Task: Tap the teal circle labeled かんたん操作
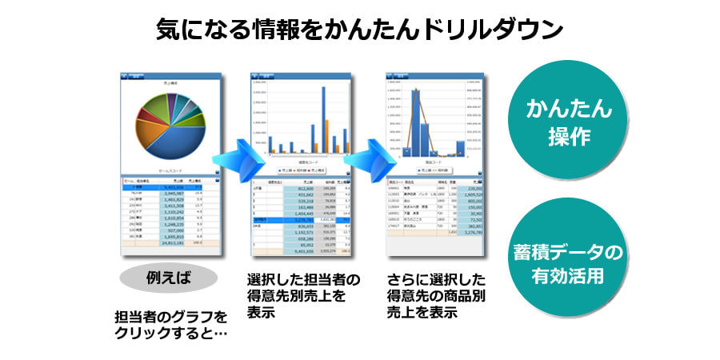pos(569,122)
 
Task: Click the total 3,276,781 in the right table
pos(471,234)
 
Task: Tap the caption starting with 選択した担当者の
pos(305,296)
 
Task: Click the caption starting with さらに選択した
pos(437,296)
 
